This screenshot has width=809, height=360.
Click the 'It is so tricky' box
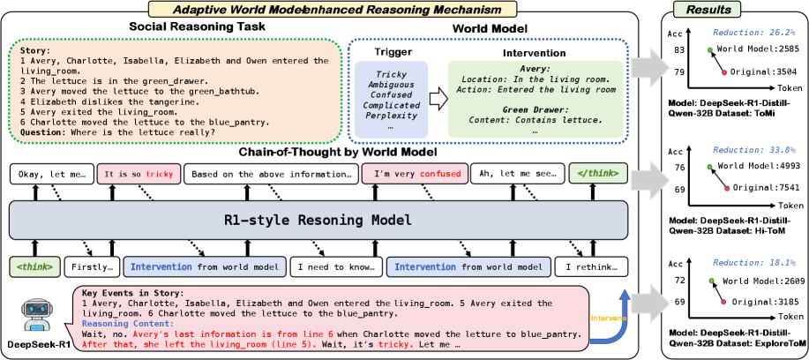(x=139, y=172)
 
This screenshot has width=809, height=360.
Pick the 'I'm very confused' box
(x=413, y=172)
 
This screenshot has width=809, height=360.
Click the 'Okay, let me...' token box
(x=51, y=172)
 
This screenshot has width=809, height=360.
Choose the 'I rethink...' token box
(x=588, y=265)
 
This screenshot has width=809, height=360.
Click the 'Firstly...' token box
(x=93, y=265)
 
